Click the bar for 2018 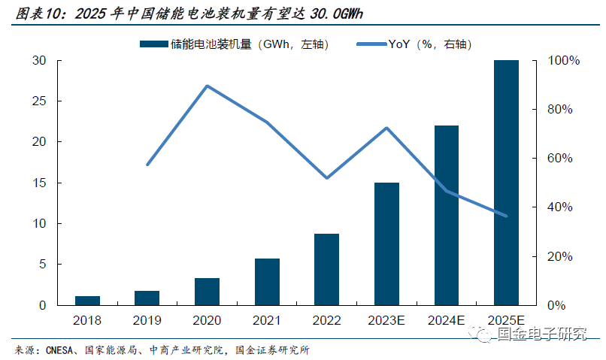pyautogui.click(x=87, y=301)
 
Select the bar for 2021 pyautogui.click(x=267, y=282)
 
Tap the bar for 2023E pyautogui.click(x=386, y=244)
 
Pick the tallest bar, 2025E pyautogui.click(x=506, y=183)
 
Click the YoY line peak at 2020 pyautogui.click(x=207, y=86)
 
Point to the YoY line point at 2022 pyautogui.click(x=327, y=178)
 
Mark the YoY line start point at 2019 pyautogui.click(x=147, y=165)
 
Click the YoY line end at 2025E pyautogui.click(x=506, y=216)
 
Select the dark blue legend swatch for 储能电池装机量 pyautogui.click(x=154, y=45)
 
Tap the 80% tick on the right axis pyautogui.click(x=559, y=110)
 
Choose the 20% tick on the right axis pyautogui.click(x=559, y=257)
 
